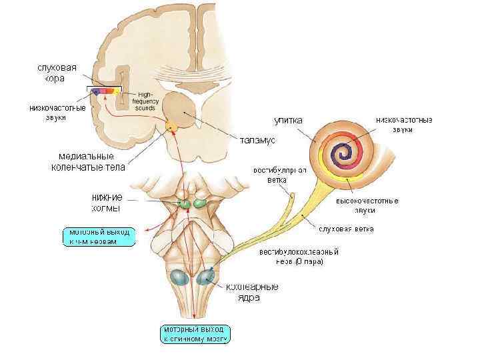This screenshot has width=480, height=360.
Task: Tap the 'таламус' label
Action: coord(257,140)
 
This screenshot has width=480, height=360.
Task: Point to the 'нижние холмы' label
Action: coord(106,202)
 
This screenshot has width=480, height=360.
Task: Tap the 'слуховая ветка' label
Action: coord(346,229)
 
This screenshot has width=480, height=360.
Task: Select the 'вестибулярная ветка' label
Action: coord(279,175)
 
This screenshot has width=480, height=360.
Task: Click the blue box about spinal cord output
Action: coord(196,334)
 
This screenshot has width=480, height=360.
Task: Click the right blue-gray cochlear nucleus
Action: coord(206,275)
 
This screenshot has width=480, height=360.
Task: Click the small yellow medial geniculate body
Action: coord(172,125)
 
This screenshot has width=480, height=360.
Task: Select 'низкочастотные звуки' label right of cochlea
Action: coord(404,125)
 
